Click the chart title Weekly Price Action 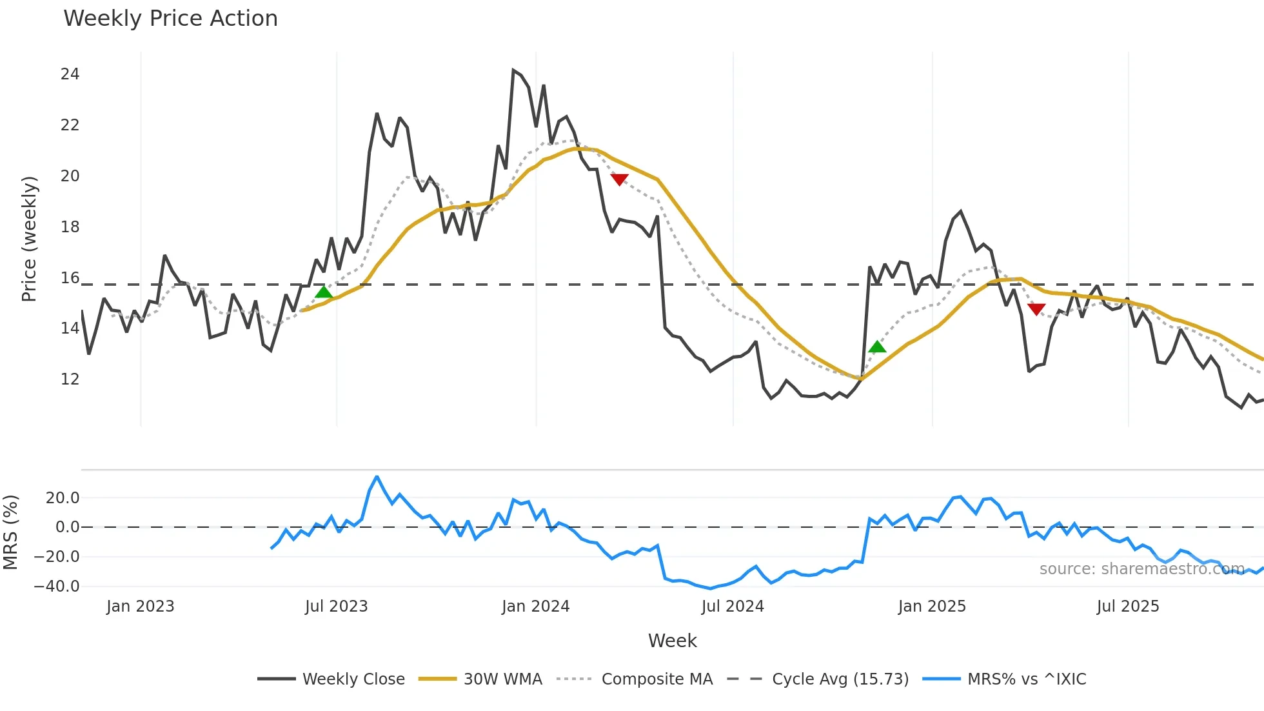point(170,18)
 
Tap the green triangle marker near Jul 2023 point(324,292)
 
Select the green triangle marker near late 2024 point(877,347)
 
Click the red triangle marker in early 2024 point(619,179)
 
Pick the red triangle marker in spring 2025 point(1036,309)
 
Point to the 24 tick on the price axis point(70,74)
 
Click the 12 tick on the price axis point(70,379)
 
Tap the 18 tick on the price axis point(70,226)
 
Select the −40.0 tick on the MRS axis point(57,586)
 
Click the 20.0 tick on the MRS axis point(62,497)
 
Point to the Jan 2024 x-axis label point(535,606)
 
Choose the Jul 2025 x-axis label point(1127,606)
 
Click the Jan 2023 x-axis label point(140,606)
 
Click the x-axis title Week point(672,641)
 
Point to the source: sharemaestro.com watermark point(1141,568)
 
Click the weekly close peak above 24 point(513,70)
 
